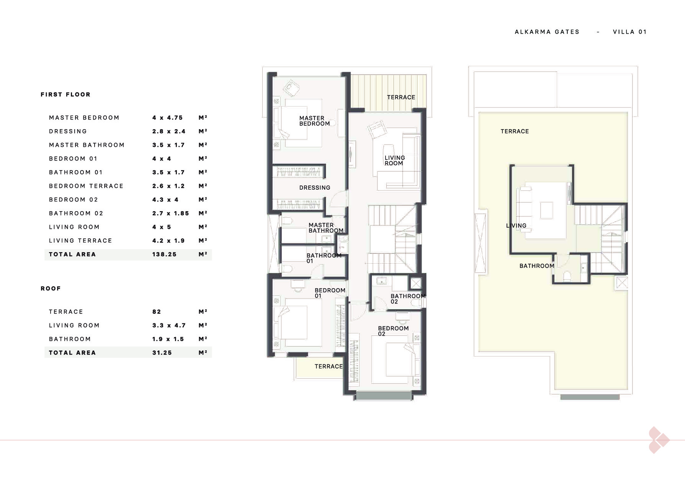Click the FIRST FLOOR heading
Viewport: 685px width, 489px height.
click(65, 95)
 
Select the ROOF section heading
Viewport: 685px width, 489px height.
click(51, 289)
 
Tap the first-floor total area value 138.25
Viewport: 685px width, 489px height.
click(164, 254)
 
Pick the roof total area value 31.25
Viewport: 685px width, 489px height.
click(162, 353)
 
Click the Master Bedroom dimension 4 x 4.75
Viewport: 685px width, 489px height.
click(167, 118)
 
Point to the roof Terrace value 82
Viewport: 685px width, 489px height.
click(157, 312)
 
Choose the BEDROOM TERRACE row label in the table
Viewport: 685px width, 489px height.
click(86, 186)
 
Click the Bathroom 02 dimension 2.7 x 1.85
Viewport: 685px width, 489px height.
click(170, 213)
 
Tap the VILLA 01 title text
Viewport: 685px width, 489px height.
click(629, 32)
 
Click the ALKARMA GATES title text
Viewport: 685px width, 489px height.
click(547, 32)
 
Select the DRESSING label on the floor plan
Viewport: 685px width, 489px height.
click(315, 188)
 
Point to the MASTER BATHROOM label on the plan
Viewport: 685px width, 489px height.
click(326, 228)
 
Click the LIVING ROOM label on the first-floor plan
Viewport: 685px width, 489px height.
click(395, 161)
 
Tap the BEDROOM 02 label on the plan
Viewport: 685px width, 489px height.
click(393, 331)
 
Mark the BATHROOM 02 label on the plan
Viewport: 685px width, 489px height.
click(408, 299)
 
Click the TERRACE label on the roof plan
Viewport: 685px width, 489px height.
click(515, 131)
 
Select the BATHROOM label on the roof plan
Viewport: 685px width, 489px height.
click(537, 266)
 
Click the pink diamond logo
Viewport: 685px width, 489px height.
click(659, 440)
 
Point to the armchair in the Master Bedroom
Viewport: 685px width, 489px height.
click(292, 88)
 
